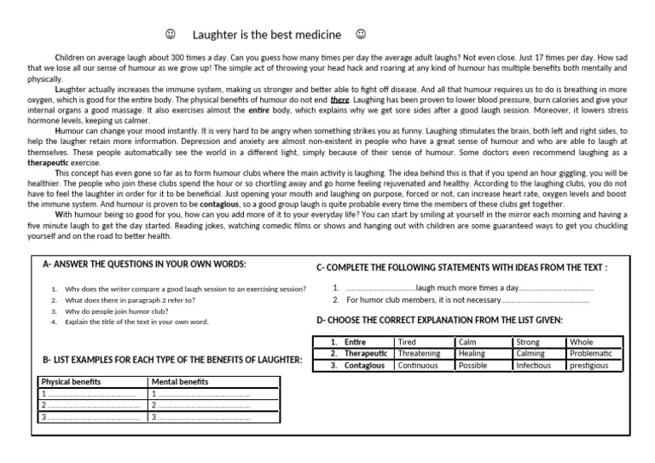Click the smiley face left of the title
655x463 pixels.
(170, 35)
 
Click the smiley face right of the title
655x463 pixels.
(361, 35)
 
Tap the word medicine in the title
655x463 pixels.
(317, 35)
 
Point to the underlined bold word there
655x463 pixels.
(339, 100)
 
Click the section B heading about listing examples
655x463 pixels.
(171, 360)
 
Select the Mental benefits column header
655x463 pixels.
(179, 382)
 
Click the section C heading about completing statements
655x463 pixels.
(461, 267)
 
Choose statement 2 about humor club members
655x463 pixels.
(467, 300)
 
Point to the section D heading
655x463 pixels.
(439, 321)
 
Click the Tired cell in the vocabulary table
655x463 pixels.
(408, 342)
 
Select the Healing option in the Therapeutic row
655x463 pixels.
(472, 354)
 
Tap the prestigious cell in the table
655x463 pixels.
(589, 366)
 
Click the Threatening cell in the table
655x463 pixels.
(420, 354)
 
